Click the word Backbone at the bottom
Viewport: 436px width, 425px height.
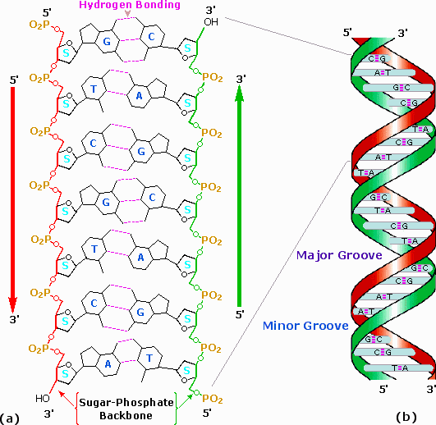(x=128, y=416)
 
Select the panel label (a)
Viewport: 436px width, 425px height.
(x=12, y=417)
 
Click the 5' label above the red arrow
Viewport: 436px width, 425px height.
(x=13, y=80)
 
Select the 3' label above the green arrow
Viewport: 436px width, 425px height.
(x=241, y=79)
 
